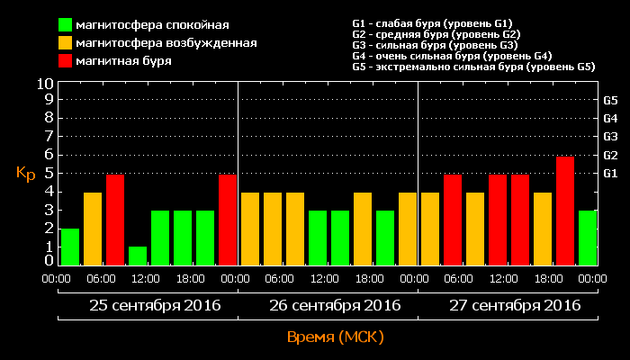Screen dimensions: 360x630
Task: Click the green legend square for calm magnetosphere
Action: click(66, 24)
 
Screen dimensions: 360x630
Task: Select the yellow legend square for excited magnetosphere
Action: click(66, 42)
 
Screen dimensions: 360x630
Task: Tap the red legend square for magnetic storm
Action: click(66, 60)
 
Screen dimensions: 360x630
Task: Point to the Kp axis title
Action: click(25, 173)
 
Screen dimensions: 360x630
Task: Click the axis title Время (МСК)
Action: click(335, 337)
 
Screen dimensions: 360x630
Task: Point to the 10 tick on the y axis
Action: click(44, 83)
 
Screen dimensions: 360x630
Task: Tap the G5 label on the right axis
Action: click(610, 101)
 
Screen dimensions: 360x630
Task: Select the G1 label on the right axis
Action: click(610, 173)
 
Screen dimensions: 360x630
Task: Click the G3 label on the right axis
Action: click(610, 137)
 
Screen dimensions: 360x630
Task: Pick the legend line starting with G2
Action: click(436, 34)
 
